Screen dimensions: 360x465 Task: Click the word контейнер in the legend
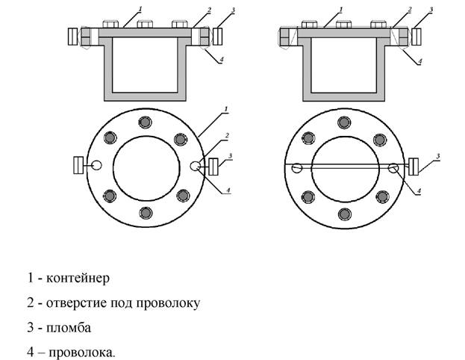[78, 279]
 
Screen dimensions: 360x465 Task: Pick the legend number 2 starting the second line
[31, 303]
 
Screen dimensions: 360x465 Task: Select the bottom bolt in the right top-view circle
[343, 215]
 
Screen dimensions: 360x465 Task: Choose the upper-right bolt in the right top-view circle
[382, 138]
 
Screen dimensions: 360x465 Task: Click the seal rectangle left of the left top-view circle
[77, 166]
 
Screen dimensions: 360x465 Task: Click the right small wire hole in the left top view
[196, 167]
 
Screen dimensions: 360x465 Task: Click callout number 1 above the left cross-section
[139, 9]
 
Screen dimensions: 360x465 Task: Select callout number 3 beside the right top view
[437, 155]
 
